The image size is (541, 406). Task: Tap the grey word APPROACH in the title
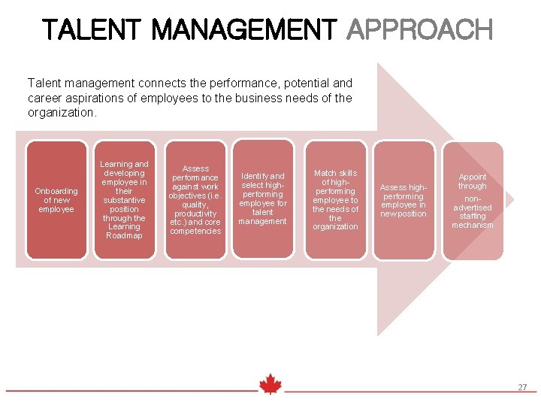point(419,30)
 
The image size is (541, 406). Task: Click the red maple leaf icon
point(270,384)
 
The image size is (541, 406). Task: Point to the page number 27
point(522,387)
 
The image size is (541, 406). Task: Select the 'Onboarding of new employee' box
point(56,200)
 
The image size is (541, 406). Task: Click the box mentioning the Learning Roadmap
point(124,200)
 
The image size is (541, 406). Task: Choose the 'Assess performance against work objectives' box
point(195,200)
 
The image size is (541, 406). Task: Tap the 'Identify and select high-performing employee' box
point(263,200)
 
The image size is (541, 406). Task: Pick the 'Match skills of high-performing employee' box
point(336,200)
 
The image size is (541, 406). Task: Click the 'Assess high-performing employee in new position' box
point(403,200)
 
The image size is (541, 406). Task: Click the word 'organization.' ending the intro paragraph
point(62,112)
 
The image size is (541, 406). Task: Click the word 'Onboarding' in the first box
point(56,191)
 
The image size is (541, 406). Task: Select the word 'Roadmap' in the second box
point(124,235)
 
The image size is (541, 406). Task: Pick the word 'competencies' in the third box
point(195,231)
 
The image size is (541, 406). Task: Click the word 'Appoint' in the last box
point(473,177)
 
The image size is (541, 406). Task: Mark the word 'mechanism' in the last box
point(473,225)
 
